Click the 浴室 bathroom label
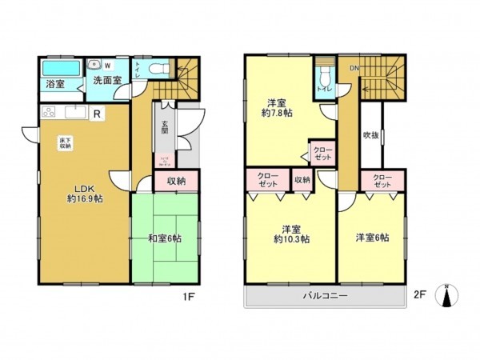coord(55,83)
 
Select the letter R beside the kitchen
coord(97,114)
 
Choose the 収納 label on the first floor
coord(177,182)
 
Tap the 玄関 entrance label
coord(163,126)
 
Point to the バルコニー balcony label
coord(324,294)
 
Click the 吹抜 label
coord(370,135)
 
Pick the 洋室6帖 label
coord(373,238)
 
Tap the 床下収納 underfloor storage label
coord(65,144)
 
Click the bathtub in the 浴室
coord(57,66)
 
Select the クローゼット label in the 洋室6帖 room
coord(381,180)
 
